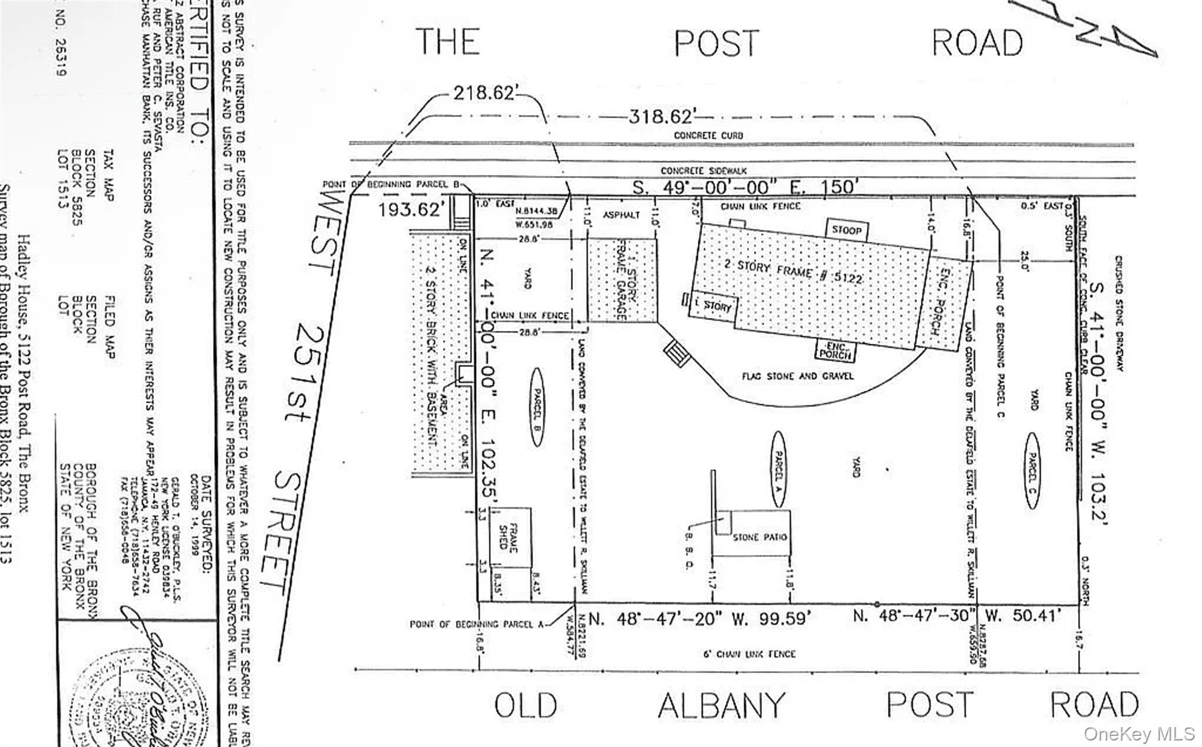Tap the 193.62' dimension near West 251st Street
409,209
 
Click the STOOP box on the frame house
846,230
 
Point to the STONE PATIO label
759,537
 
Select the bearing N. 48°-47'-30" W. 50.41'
957,616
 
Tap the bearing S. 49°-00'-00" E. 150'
745,187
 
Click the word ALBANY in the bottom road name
721,706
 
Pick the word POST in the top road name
716,43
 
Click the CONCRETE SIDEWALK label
704,171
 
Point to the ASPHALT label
621,215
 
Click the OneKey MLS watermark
1139,734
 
